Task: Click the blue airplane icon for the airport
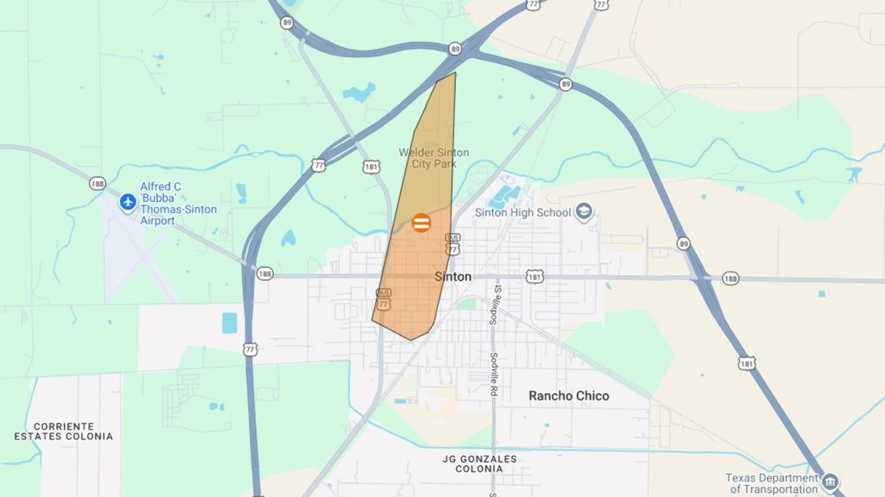[128, 202]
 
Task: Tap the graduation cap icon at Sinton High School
[584, 212]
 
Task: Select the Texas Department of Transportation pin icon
[830, 482]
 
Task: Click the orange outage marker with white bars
[422, 223]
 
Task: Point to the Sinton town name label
[453, 277]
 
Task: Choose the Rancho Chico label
[569, 396]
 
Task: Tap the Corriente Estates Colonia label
[64, 432]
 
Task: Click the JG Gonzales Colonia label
[479, 464]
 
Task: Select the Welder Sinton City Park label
[434, 158]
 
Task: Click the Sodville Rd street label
[494, 374]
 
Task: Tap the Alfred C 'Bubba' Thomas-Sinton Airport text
[179, 204]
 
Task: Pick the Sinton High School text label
[523, 212]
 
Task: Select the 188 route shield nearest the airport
[97, 184]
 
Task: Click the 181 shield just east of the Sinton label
[534, 277]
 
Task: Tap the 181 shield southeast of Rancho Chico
[747, 363]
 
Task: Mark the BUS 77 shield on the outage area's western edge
[383, 299]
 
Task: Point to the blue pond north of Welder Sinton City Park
[359, 93]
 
